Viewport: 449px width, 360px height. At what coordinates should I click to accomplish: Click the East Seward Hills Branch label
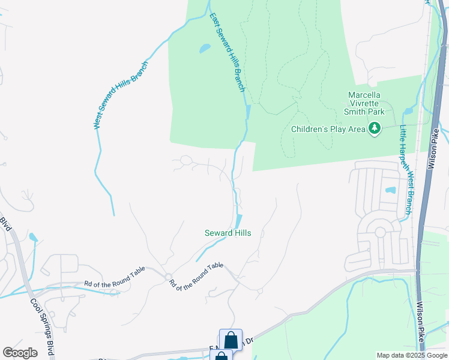(x=228, y=52)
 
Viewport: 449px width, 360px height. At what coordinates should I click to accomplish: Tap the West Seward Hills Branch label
(x=120, y=95)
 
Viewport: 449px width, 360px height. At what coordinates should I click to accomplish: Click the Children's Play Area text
(x=328, y=128)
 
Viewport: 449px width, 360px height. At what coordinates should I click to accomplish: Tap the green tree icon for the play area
(x=375, y=128)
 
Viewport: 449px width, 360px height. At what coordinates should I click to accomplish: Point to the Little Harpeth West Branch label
(x=406, y=169)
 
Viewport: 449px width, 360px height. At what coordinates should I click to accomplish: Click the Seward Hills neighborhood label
(x=228, y=233)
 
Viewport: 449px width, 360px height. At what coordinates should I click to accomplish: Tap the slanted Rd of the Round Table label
(x=196, y=277)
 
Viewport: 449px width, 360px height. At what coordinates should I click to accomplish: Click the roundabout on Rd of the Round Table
(x=169, y=275)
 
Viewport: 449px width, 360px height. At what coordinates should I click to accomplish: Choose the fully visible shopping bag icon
(x=231, y=340)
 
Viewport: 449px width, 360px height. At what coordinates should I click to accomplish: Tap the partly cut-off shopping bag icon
(x=221, y=356)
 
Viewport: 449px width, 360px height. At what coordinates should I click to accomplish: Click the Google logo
(x=20, y=353)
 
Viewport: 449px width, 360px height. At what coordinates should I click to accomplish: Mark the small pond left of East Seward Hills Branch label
(x=205, y=48)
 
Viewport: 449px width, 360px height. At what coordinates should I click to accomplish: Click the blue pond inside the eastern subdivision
(x=391, y=191)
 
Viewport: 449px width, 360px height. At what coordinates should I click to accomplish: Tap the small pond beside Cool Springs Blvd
(x=32, y=238)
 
